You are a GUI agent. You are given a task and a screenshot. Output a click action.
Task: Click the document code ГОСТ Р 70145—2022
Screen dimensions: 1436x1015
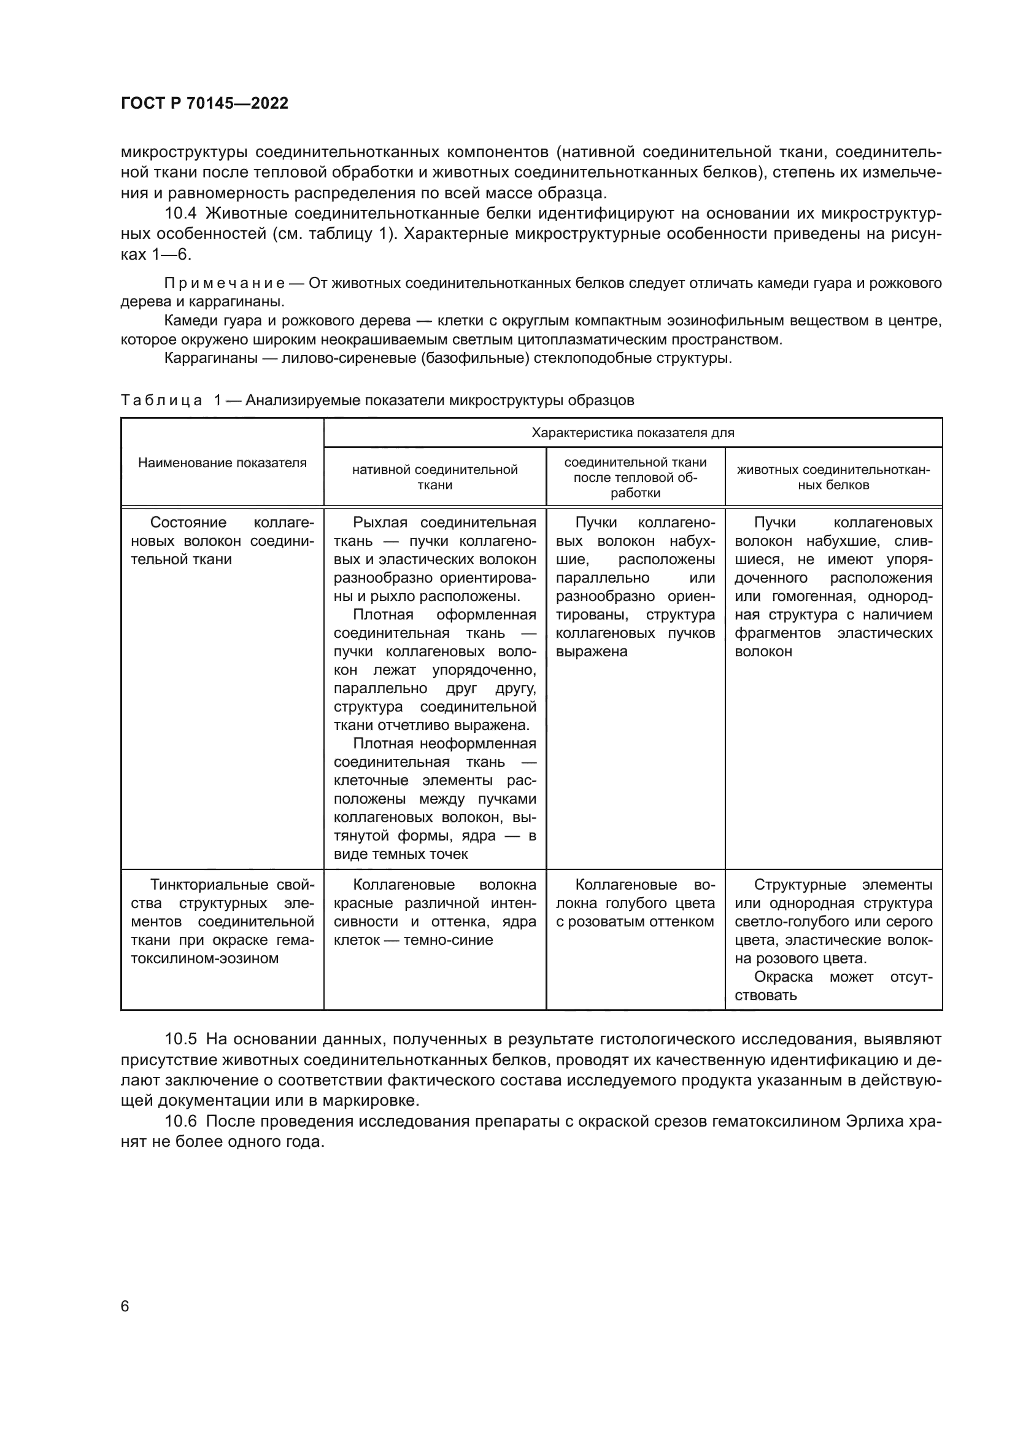[x=204, y=104]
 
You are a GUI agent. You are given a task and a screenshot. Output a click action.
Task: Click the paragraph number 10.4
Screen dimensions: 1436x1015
[x=180, y=214]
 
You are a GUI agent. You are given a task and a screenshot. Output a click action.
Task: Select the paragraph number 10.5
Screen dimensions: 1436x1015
[x=180, y=1039]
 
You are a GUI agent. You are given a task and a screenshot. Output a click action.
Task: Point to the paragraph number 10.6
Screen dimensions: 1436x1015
[x=180, y=1122]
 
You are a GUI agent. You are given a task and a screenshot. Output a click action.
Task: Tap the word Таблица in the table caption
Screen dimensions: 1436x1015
[x=161, y=400]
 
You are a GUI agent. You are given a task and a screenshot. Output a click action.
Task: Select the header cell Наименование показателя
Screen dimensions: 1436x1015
[x=222, y=463]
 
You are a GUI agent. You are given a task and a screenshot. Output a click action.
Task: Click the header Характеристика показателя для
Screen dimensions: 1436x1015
[x=633, y=433]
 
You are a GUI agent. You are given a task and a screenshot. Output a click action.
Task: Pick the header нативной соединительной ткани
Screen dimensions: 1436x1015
[x=434, y=477]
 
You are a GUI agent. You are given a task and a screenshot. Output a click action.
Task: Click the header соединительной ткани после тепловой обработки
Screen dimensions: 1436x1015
[x=635, y=477]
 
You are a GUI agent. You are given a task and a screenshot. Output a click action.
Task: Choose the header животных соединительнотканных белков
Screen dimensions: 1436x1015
[x=833, y=477]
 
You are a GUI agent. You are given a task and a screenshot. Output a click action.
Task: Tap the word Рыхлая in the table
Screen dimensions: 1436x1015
[x=380, y=523]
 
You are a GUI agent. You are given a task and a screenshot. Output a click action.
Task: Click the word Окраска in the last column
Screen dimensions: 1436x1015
[x=783, y=977]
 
